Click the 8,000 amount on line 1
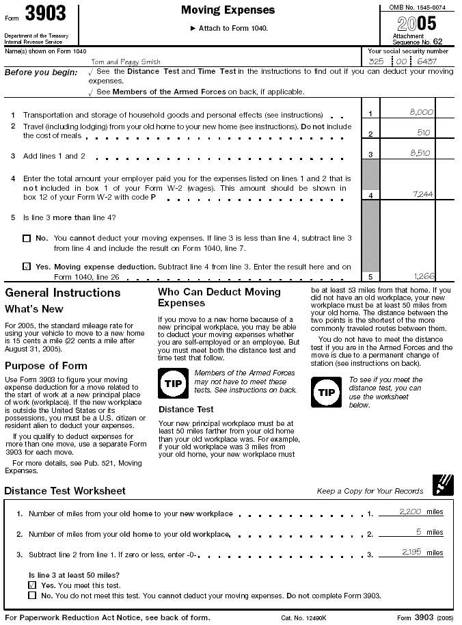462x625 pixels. (x=421, y=111)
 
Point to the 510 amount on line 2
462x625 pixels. (x=424, y=133)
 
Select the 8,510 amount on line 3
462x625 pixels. (x=421, y=154)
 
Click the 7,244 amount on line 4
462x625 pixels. (x=423, y=194)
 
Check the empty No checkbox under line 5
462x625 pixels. (x=27, y=239)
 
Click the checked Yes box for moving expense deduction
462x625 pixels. (x=27, y=267)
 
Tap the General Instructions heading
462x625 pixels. (x=62, y=293)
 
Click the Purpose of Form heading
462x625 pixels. (x=46, y=366)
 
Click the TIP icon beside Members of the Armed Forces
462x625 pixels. (x=172, y=384)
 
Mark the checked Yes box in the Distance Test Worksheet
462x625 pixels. (x=32, y=585)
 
